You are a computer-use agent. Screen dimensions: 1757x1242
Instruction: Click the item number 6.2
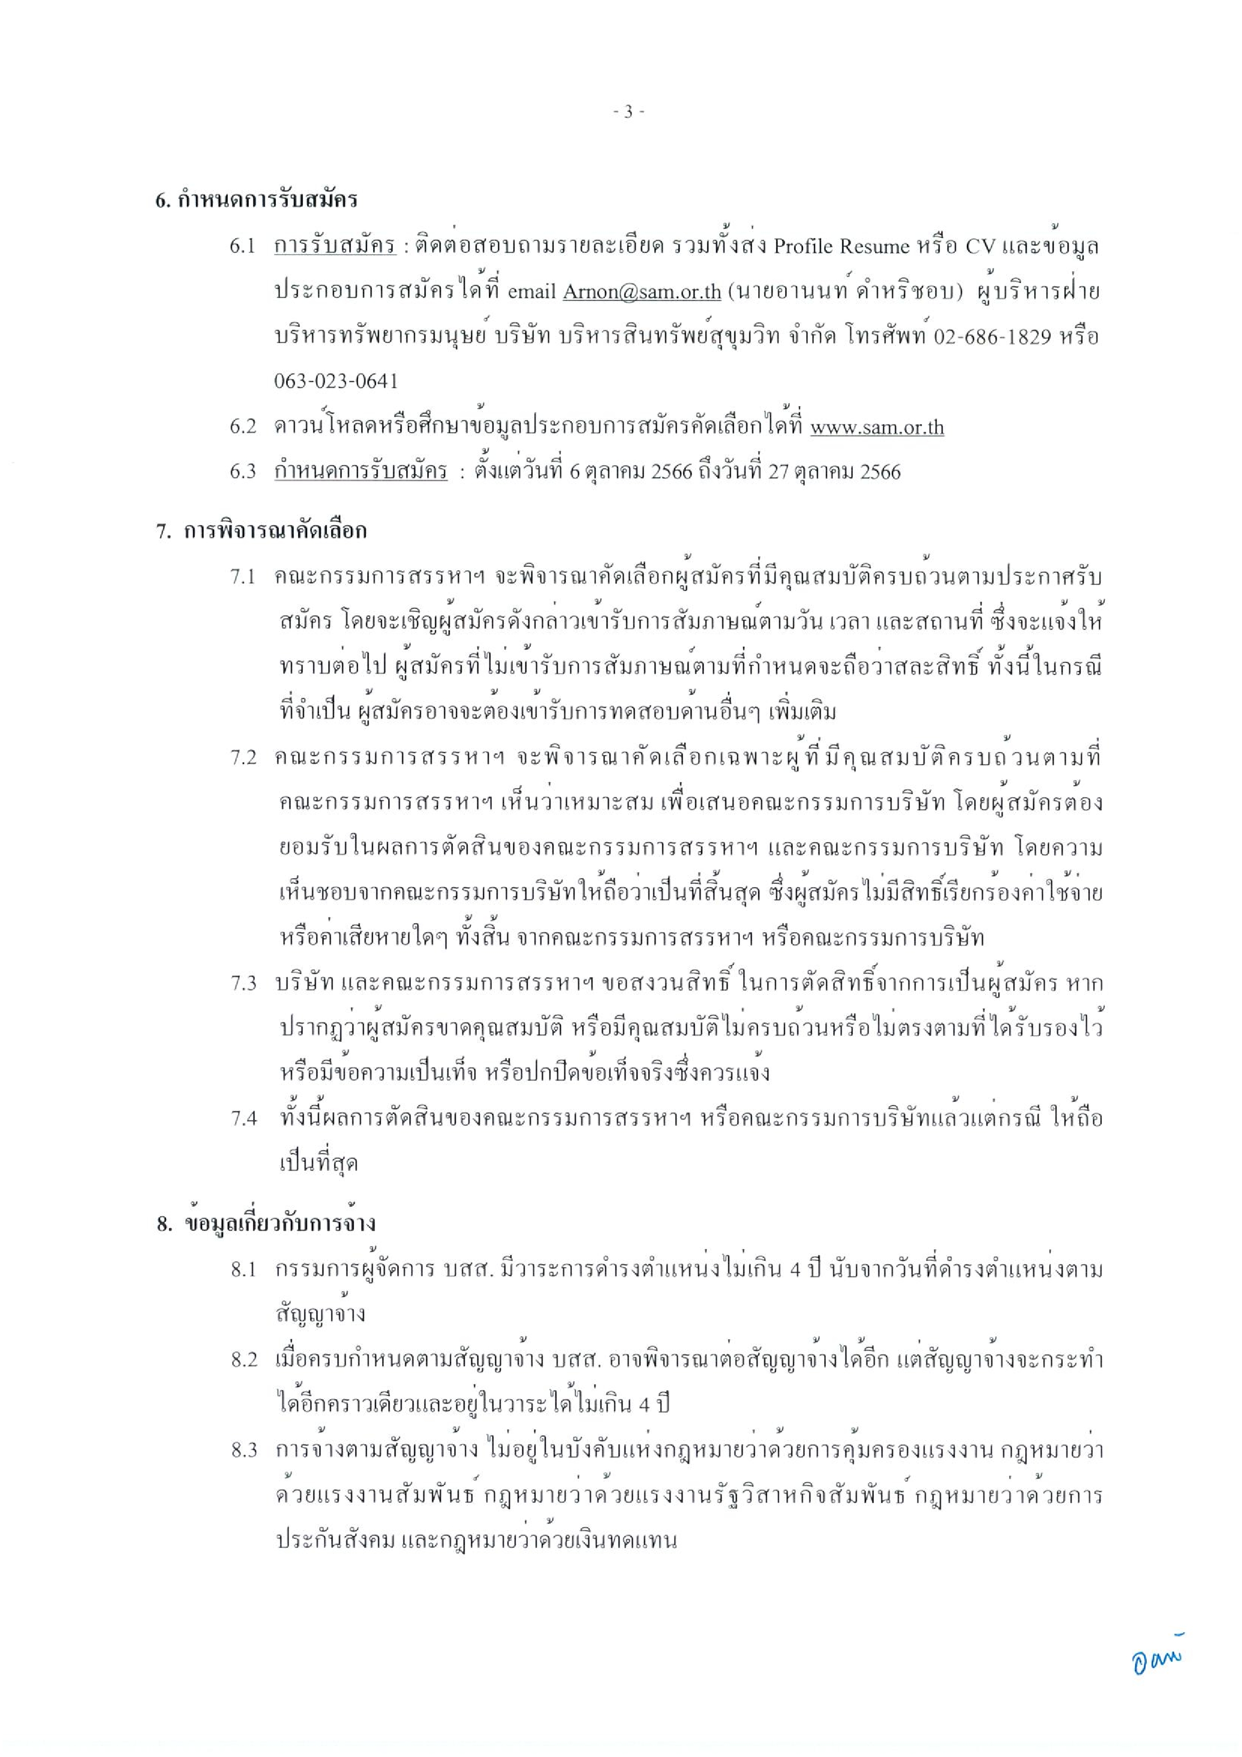click(x=242, y=427)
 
